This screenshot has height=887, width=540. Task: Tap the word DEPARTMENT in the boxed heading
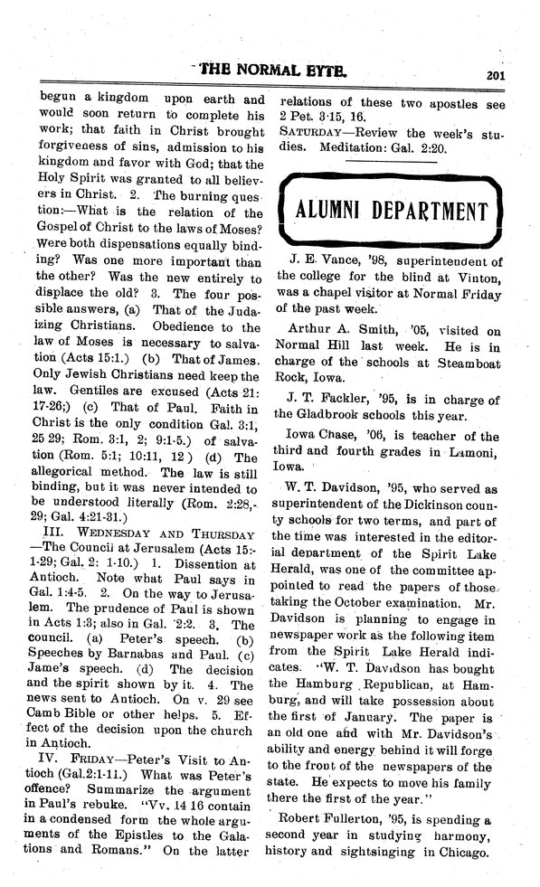pos(436,212)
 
